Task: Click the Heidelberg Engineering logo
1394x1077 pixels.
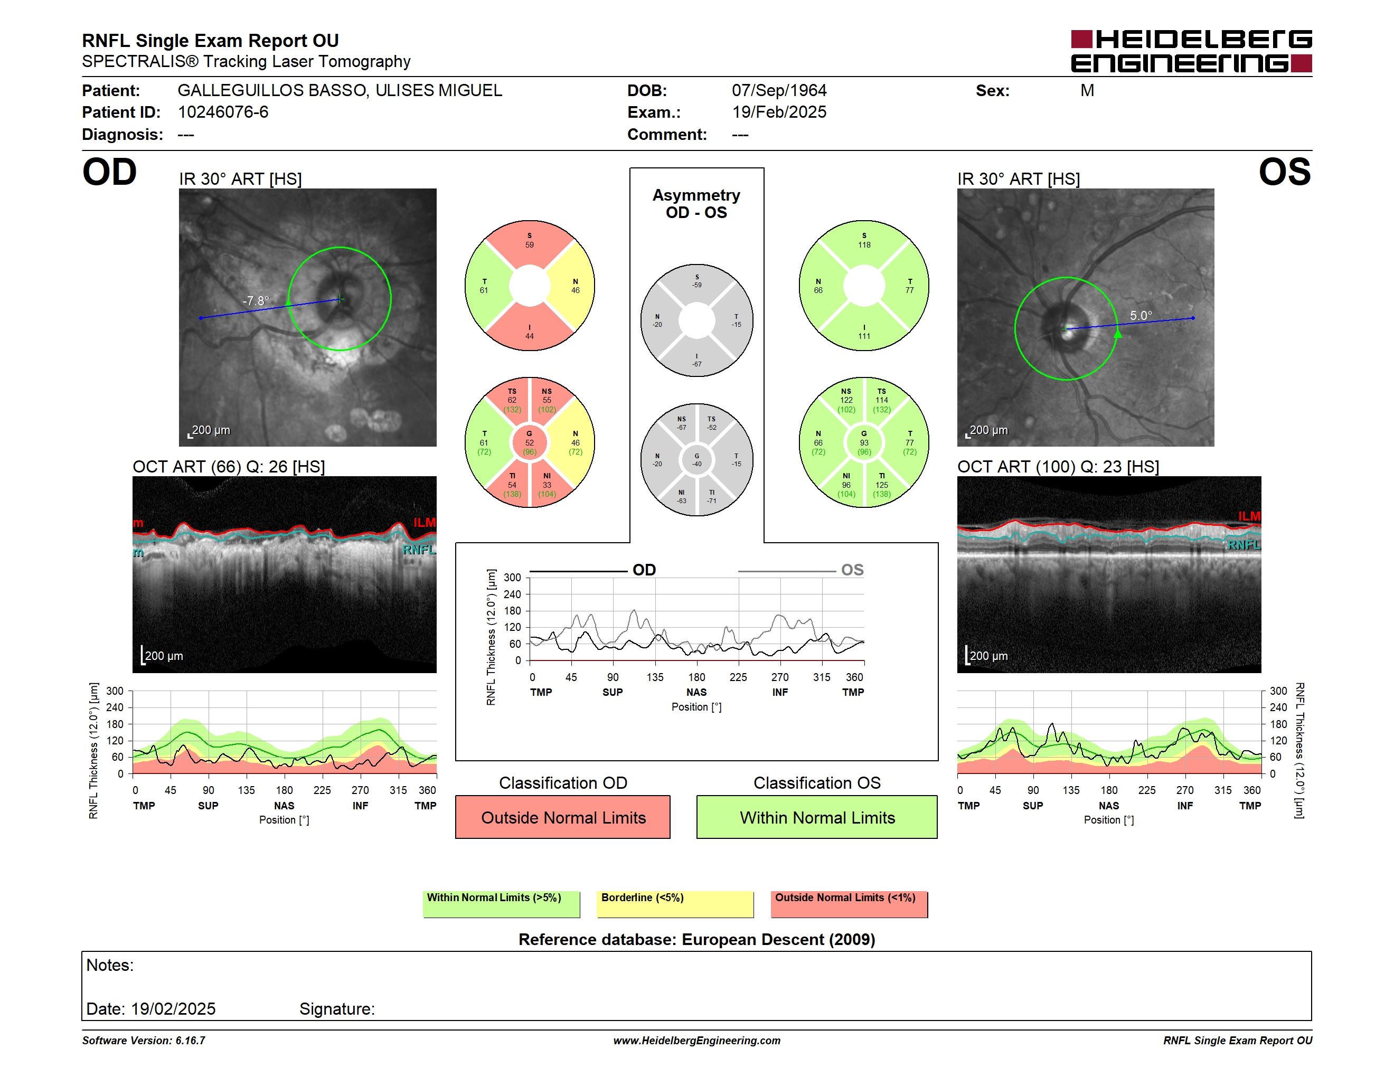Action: (1191, 51)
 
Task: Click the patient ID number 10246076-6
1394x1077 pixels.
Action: (223, 112)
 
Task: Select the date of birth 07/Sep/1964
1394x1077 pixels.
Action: (779, 91)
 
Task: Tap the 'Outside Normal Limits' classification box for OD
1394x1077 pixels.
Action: (563, 817)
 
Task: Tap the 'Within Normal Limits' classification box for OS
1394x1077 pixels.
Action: (817, 817)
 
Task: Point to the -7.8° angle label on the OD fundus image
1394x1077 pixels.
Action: (256, 300)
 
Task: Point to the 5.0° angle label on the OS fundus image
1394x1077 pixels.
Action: (1141, 315)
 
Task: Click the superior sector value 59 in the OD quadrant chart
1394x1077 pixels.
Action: (530, 245)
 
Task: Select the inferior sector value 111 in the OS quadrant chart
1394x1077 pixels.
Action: (864, 336)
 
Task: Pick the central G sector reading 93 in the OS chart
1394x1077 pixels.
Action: (864, 443)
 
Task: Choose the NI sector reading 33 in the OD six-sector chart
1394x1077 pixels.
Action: (547, 485)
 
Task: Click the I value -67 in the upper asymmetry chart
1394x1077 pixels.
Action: (697, 364)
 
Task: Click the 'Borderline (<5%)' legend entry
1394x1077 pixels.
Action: (642, 897)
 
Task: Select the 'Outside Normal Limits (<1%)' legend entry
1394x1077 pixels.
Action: (845, 897)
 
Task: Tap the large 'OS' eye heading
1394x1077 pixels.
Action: (1284, 172)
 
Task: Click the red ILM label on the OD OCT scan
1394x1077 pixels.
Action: (425, 523)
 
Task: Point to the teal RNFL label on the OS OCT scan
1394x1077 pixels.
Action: (1244, 545)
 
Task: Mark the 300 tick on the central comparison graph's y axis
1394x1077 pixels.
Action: (513, 578)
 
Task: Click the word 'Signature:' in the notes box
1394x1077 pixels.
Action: (337, 1009)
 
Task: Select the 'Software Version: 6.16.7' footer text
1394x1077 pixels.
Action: (144, 1041)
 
